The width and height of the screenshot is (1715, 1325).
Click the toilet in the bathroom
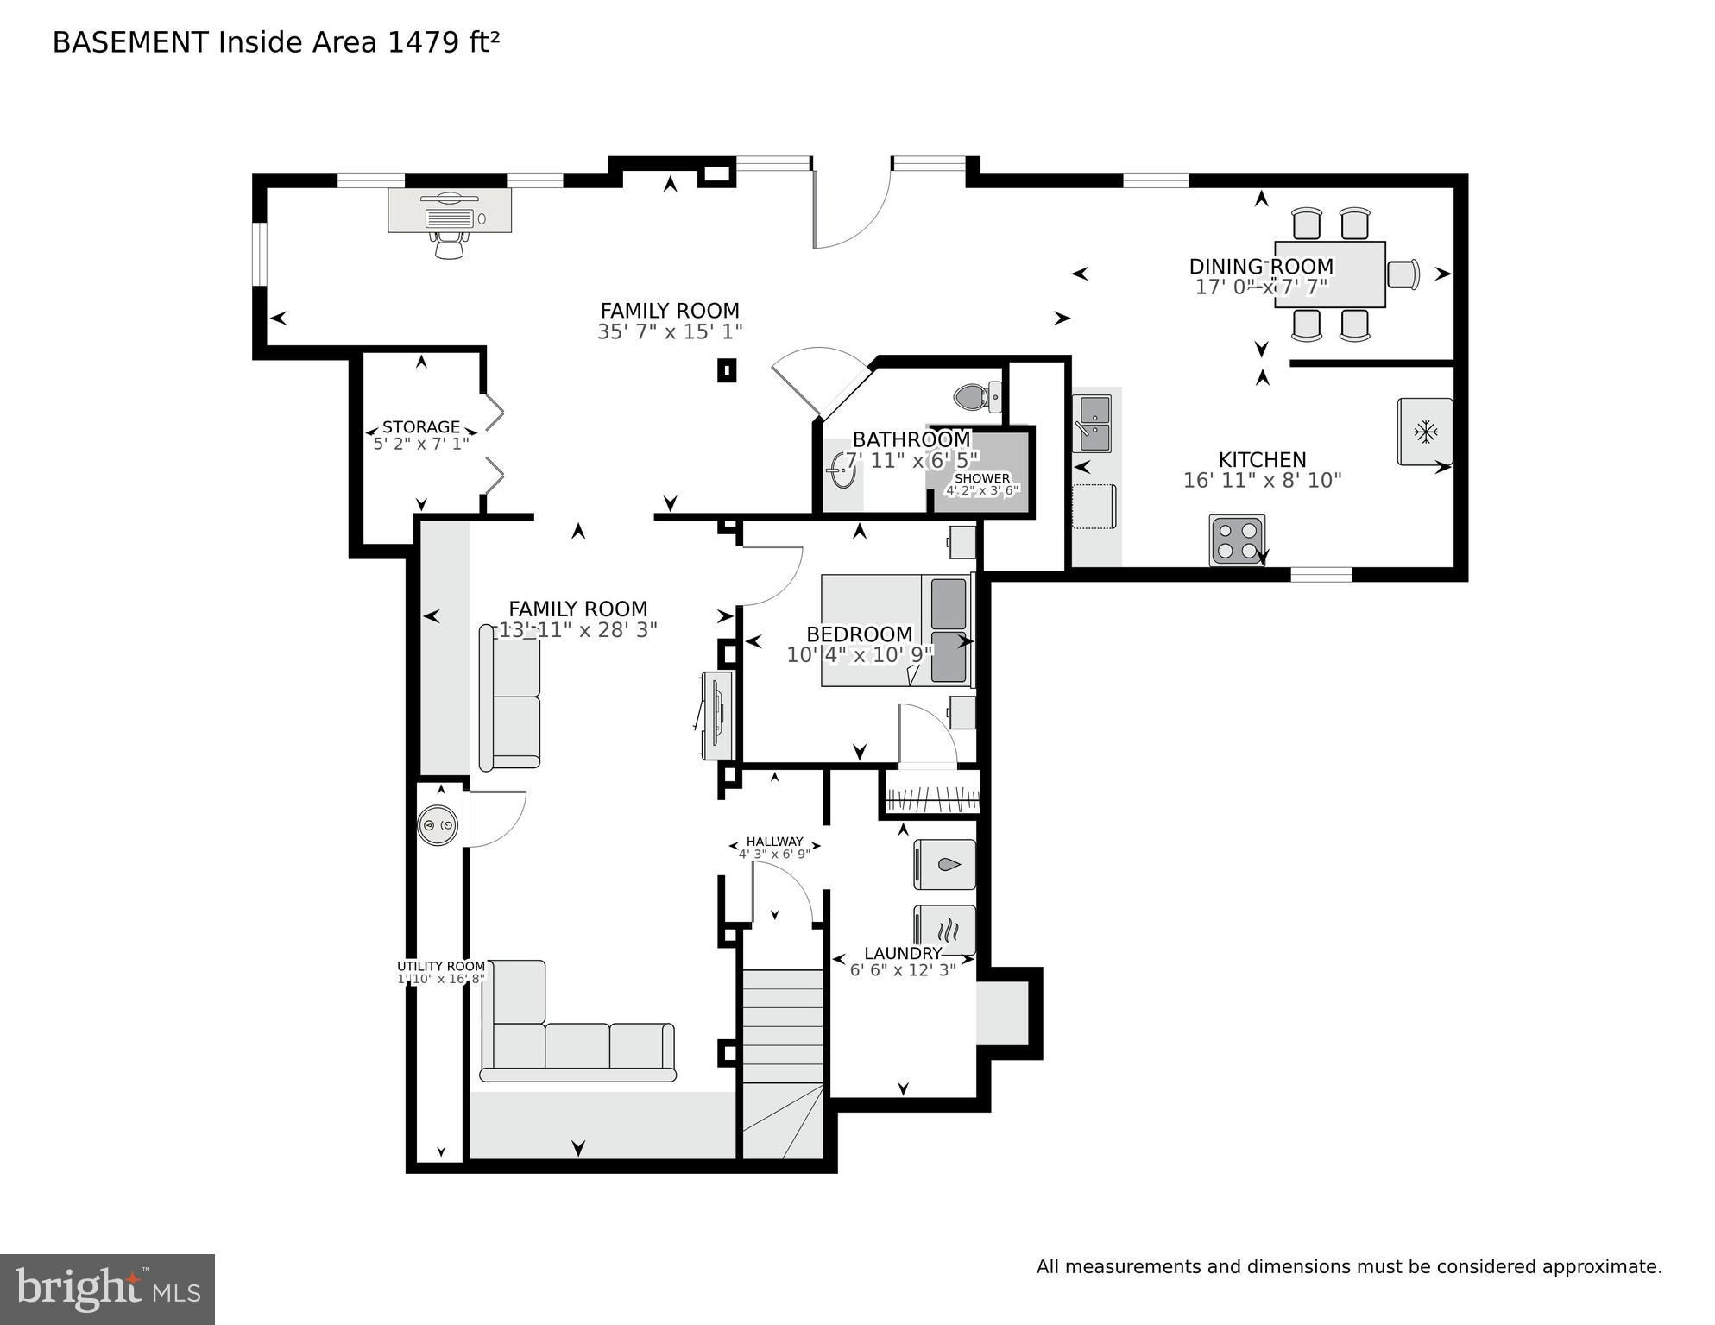click(x=977, y=397)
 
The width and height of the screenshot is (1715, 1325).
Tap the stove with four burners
click(x=1237, y=539)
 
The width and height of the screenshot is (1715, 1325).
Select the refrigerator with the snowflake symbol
click(x=1424, y=432)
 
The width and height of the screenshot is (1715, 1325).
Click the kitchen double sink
click(x=1092, y=423)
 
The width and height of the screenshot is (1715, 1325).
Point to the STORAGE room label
click(x=421, y=426)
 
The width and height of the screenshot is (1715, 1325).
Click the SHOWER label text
click(x=982, y=478)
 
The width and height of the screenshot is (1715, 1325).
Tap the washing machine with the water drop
click(x=944, y=864)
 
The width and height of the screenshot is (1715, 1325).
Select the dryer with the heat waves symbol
click(x=944, y=930)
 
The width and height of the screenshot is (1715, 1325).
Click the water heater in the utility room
click(x=438, y=826)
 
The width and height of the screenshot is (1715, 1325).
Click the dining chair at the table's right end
click(x=1403, y=274)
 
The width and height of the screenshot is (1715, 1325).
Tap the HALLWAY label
click(x=774, y=842)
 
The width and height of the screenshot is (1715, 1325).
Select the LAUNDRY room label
click(x=903, y=953)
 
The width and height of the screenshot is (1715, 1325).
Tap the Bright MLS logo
click(x=107, y=1289)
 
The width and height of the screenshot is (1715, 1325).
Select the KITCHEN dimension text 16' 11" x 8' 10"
click(x=1262, y=480)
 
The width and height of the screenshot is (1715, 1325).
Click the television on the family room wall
click(x=715, y=716)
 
